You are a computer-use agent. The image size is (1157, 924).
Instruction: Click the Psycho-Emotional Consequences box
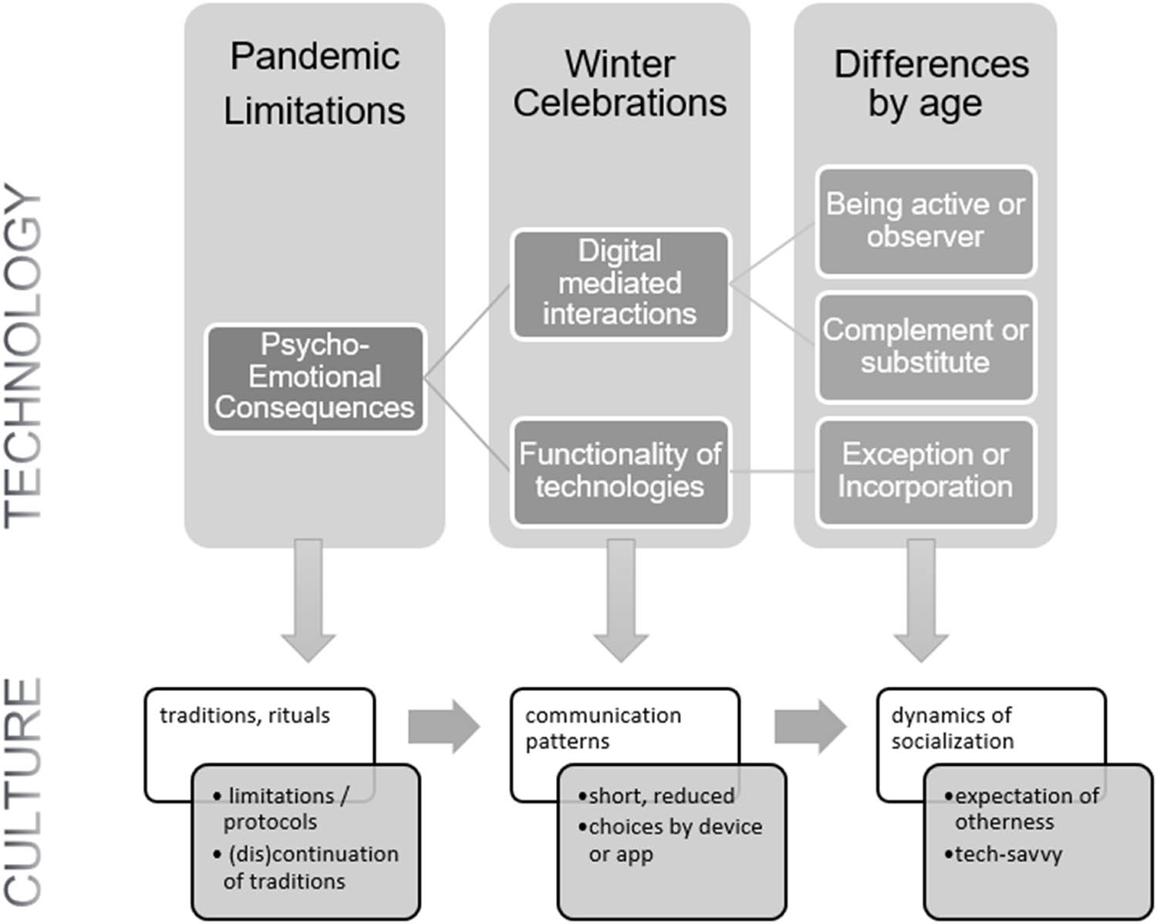(x=315, y=377)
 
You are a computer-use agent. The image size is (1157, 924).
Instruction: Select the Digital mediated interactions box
(x=619, y=283)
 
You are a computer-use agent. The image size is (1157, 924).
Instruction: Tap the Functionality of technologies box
(x=619, y=470)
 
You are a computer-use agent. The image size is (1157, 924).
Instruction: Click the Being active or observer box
(x=925, y=221)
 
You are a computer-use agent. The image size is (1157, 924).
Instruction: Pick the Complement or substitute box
(x=925, y=346)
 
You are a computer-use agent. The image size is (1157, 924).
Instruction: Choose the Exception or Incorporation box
(x=925, y=470)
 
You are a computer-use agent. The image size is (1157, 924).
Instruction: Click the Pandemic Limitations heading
(x=315, y=83)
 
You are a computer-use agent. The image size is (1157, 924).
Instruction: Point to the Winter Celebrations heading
(x=619, y=83)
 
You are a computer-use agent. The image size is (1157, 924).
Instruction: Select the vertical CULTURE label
(x=23, y=791)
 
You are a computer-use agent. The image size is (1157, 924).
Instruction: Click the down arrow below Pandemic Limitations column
(x=309, y=602)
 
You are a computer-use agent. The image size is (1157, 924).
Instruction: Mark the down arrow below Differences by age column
(x=921, y=602)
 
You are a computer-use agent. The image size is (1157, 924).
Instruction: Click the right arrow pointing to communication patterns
(x=444, y=727)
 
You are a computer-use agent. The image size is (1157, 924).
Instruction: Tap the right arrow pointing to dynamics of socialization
(x=810, y=727)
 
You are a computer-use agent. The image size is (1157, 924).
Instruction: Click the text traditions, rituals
(x=245, y=716)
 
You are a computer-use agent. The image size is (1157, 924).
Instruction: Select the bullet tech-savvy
(x=1007, y=855)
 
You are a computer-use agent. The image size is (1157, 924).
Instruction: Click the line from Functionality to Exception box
(x=773, y=470)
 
